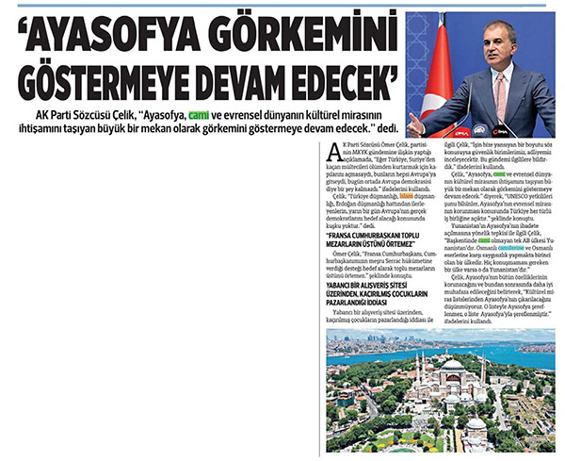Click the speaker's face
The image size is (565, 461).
pos(496,52)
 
